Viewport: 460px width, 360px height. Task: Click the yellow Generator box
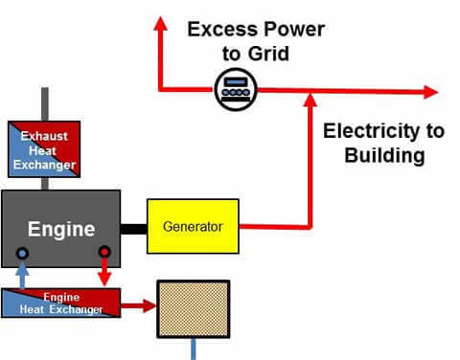(x=192, y=227)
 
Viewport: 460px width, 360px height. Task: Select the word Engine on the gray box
(x=60, y=230)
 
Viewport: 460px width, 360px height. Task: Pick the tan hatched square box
(x=194, y=308)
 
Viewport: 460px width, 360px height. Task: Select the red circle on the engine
(x=104, y=254)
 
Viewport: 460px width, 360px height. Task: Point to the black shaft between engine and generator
(x=133, y=228)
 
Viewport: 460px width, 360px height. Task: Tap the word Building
(x=374, y=155)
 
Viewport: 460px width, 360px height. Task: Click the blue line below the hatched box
(x=194, y=349)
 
